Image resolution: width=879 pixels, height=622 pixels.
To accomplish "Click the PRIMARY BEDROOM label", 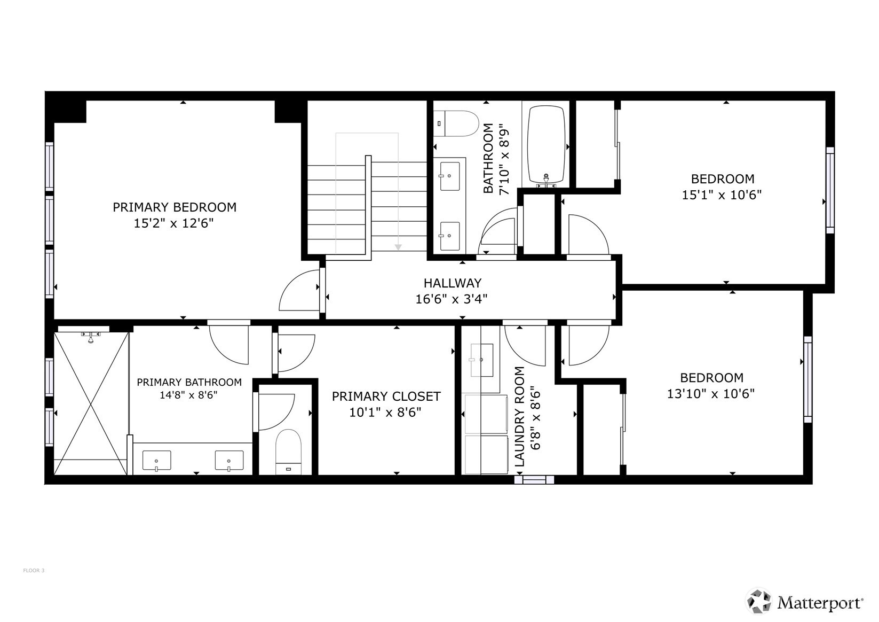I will click(174, 207).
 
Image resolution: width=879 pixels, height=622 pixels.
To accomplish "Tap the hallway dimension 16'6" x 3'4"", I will click(452, 299).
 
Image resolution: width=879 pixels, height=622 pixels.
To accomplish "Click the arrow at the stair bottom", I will click(398, 246).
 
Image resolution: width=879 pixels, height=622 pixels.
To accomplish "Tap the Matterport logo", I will click(805, 602).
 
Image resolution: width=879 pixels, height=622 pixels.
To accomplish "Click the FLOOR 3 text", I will click(34, 571).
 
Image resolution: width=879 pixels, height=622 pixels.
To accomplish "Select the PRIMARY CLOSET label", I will click(386, 396).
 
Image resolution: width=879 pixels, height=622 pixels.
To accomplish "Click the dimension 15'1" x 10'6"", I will click(722, 195).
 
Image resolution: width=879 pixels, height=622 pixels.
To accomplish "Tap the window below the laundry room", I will click(534, 480).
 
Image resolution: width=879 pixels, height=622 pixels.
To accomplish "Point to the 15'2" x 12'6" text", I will click(173, 223).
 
